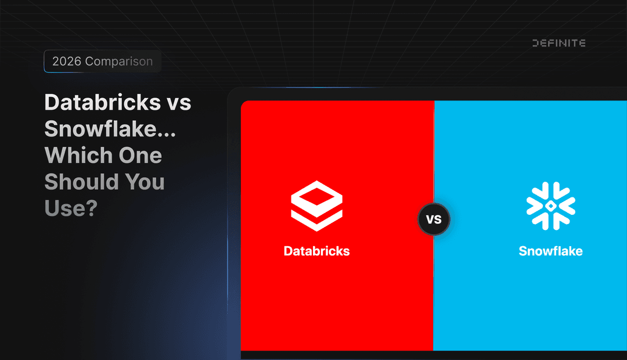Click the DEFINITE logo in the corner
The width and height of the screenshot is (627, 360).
(x=558, y=43)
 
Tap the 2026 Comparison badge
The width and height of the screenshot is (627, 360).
(x=102, y=62)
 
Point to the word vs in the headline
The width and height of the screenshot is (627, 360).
(x=179, y=103)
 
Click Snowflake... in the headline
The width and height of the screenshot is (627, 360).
(x=110, y=129)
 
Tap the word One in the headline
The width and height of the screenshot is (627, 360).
(x=140, y=156)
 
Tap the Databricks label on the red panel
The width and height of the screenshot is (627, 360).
(x=316, y=251)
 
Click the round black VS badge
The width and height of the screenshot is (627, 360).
(x=434, y=220)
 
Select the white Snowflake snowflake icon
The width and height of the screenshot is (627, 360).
(x=550, y=206)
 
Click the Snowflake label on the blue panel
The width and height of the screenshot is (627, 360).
(x=550, y=251)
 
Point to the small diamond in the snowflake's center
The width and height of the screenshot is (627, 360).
(x=550, y=206)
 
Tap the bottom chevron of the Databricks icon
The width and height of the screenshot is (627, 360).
(x=316, y=221)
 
